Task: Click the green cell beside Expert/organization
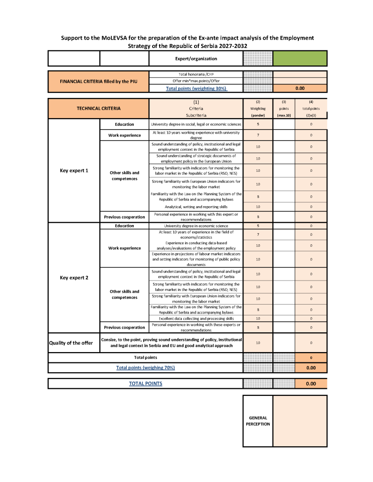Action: [300, 58]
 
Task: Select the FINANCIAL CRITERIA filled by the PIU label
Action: [98, 81]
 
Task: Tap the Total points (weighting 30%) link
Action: [196, 88]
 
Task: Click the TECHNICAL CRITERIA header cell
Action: [98, 108]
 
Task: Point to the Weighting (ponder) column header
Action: [258, 108]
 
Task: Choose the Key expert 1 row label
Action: [74, 170]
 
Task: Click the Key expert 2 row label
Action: [74, 277]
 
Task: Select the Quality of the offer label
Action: [71, 343]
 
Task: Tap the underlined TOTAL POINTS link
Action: [146, 384]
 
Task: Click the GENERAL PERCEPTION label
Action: [258, 421]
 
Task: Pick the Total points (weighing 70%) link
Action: [146, 367]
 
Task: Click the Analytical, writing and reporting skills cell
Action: [196, 207]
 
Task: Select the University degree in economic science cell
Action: [196, 226]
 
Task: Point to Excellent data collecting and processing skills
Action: [196, 319]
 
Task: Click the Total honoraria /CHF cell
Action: [196, 74]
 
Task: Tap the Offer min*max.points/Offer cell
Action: [196, 81]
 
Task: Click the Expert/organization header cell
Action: [196, 59]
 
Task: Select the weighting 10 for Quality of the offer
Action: [258, 343]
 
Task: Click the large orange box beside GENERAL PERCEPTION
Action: [300, 421]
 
